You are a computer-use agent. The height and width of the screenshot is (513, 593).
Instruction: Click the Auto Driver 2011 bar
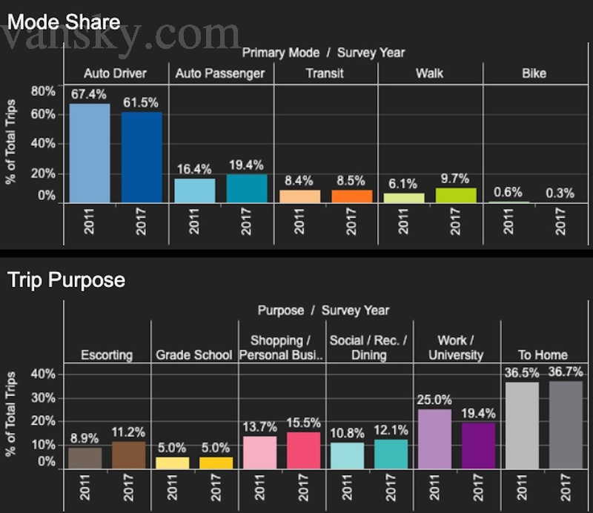(x=90, y=153)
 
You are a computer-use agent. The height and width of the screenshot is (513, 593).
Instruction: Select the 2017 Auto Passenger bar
(x=247, y=188)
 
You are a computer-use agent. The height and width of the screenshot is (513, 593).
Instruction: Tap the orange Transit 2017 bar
(x=352, y=196)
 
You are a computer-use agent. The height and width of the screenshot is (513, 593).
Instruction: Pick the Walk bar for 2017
(x=456, y=195)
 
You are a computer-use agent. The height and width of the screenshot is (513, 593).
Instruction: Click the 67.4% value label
(x=89, y=95)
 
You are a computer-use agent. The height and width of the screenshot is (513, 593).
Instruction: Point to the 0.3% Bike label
(x=560, y=193)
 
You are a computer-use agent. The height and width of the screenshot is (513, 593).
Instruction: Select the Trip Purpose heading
(x=66, y=280)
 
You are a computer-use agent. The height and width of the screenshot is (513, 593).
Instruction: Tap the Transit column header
(x=325, y=73)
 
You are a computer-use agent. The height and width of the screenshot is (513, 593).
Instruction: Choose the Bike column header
(x=534, y=73)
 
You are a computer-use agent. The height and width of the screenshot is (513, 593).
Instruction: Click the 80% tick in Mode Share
(x=43, y=91)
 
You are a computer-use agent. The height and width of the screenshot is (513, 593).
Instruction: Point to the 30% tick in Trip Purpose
(x=43, y=397)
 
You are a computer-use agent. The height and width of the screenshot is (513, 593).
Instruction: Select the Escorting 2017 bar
(x=129, y=454)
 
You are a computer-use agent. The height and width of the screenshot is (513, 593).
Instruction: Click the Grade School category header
(x=194, y=355)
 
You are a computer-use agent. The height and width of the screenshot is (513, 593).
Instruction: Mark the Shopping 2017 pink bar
(x=304, y=450)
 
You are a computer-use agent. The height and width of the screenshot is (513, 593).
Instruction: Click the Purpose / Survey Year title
(x=323, y=310)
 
